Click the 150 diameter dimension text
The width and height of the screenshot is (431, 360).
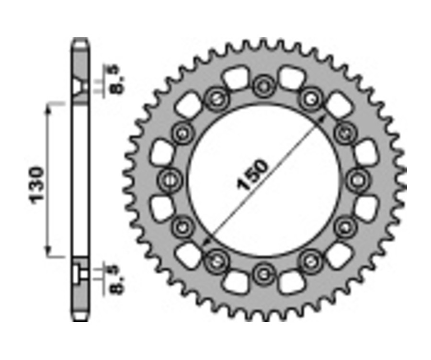[253, 176]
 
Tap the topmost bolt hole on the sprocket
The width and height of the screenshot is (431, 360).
[262, 87]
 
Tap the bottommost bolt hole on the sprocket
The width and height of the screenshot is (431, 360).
[262, 274]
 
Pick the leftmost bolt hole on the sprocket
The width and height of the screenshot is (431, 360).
[170, 180]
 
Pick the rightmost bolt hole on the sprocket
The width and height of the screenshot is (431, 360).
[356, 180]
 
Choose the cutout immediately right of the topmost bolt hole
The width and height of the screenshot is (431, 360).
[290, 78]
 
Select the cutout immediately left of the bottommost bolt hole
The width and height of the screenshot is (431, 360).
[236, 281]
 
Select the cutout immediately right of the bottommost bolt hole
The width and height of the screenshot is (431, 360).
[290, 281]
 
